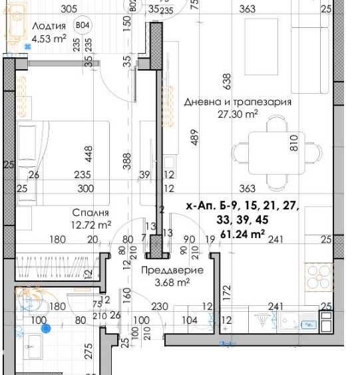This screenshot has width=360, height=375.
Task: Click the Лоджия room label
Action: point(49,26)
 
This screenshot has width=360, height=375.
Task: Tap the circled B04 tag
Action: point(83,25)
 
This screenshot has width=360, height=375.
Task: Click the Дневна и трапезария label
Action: point(238,102)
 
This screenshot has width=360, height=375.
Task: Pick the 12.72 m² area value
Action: point(92,225)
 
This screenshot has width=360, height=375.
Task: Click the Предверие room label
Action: point(173,270)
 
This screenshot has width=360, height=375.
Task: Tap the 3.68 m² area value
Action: point(172,282)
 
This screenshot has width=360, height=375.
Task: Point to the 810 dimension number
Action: point(293,142)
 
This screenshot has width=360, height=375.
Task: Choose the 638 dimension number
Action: point(228,81)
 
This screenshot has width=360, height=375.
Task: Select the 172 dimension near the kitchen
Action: point(226,291)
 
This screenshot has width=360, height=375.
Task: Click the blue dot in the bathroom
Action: point(46,328)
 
